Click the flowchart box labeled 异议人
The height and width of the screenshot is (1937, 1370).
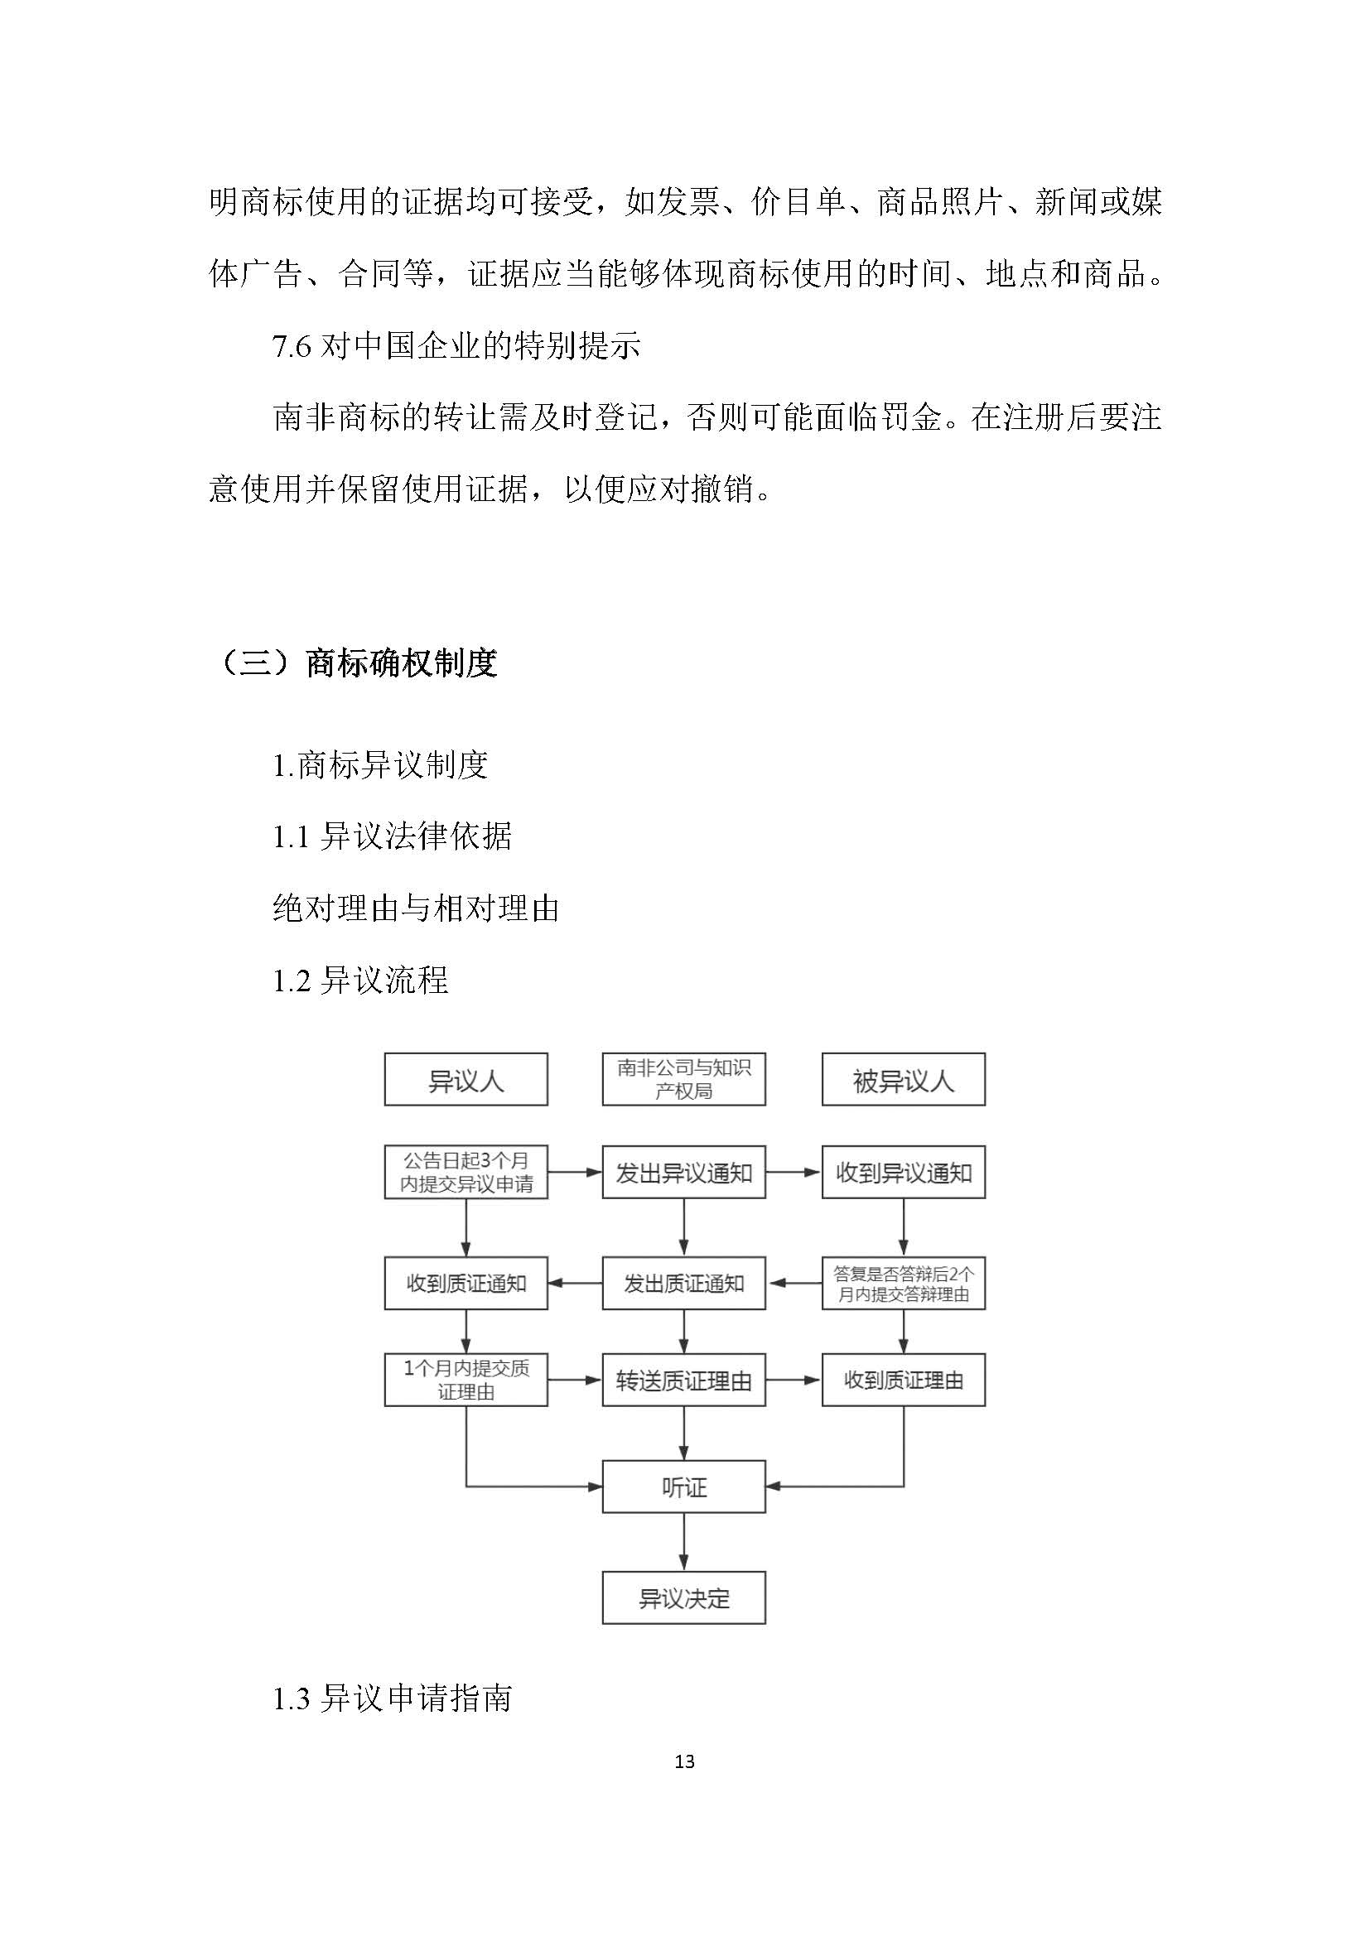pos(466,1079)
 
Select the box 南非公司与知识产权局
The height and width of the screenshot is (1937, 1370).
pos(683,1079)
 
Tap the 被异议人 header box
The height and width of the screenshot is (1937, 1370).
pos(904,1079)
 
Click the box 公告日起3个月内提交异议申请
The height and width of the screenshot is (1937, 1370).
pos(466,1172)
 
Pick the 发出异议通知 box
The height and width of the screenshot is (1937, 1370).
pos(683,1172)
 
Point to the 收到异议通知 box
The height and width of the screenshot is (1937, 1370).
pos(904,1172)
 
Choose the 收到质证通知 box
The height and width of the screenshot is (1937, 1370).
pos(466,1283)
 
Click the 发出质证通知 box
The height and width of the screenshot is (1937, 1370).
pos(683,1283)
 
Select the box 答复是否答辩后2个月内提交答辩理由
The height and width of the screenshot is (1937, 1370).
pos(904,1283)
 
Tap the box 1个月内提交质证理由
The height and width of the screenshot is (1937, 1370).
pos(466,1380)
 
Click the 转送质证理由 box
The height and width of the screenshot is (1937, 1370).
pos(683,1380)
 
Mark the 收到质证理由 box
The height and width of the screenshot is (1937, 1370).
pos(904,1380)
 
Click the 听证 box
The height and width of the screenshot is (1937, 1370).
pos(683,1486)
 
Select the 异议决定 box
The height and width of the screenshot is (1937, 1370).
pos(683,1597)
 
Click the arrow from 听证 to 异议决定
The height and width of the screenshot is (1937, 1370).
pos(683,1541)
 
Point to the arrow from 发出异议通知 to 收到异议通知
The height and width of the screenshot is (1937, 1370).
pos(793,1172)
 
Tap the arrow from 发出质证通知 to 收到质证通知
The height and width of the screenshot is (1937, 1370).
pos(575,1283)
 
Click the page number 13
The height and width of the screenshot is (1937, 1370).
pos(684,1761)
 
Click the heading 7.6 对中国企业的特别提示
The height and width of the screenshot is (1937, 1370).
pos(456,345)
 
